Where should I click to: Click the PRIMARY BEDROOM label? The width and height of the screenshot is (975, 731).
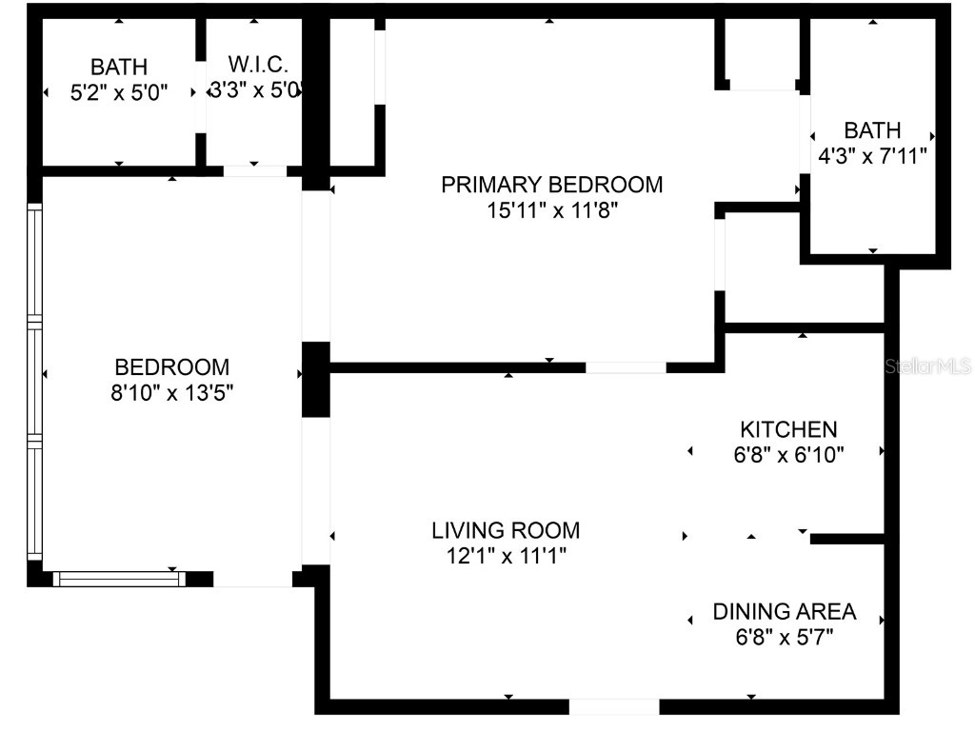(551, 184)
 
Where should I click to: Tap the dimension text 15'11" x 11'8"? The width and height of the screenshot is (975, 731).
(551, 209)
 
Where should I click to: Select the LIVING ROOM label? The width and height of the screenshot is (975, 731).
(505, 530)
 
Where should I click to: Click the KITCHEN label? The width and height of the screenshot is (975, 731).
(788, 429)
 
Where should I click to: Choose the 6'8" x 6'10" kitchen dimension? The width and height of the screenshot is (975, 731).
(788, 455)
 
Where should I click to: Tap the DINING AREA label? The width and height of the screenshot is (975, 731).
(785, 611)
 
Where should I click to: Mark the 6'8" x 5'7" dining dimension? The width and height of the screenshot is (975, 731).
(785, 637)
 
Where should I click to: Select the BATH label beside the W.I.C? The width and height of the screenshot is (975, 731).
(119, 68)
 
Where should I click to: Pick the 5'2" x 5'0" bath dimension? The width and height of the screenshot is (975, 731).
(119, 93)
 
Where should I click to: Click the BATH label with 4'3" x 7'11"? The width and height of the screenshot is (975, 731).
(872, 130)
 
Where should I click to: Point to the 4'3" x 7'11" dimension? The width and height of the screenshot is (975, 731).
(872, 156)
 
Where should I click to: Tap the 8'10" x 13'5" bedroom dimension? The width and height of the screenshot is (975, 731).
(172, 392)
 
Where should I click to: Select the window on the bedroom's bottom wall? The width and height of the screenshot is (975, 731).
(118, 578)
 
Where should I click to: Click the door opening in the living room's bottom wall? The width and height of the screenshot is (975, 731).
(614, 707)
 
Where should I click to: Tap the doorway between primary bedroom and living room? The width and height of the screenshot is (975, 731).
(626, 367)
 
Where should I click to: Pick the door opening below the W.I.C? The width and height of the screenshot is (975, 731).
(254, 171)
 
